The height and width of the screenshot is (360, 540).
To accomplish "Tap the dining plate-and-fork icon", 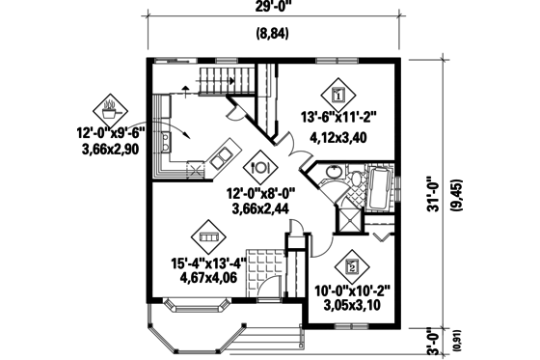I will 257,167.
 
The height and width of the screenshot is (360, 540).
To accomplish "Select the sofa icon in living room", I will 206,234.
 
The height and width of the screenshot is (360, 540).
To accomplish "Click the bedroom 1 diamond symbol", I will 338,94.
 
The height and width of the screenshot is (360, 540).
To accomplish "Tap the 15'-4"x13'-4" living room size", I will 206,261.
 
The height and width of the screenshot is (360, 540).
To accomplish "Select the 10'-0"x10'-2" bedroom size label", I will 351,291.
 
